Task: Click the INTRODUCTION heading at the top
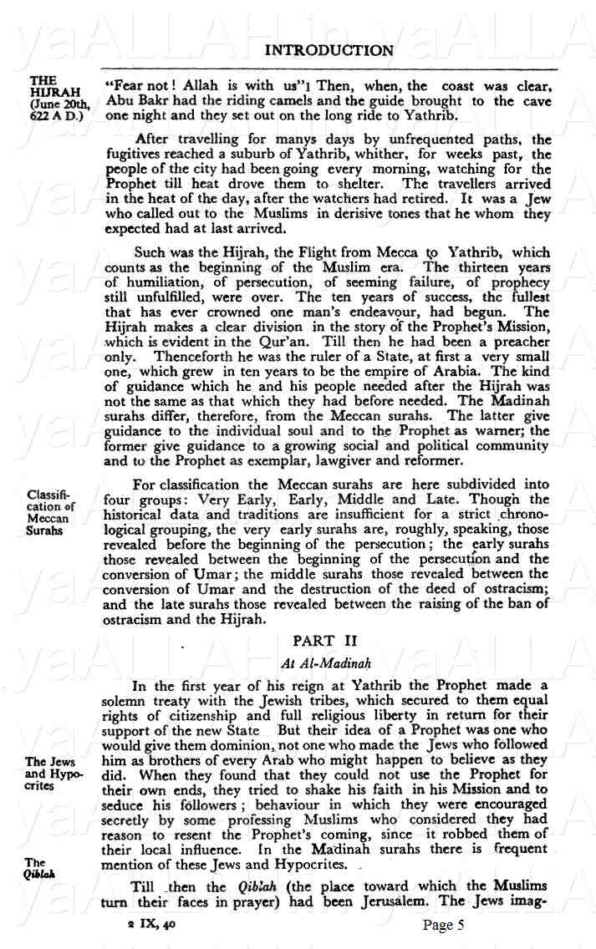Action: [x=329, y=51]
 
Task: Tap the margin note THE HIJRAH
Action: [x=44, y=88]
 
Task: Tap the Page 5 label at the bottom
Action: [x=443, y=925]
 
